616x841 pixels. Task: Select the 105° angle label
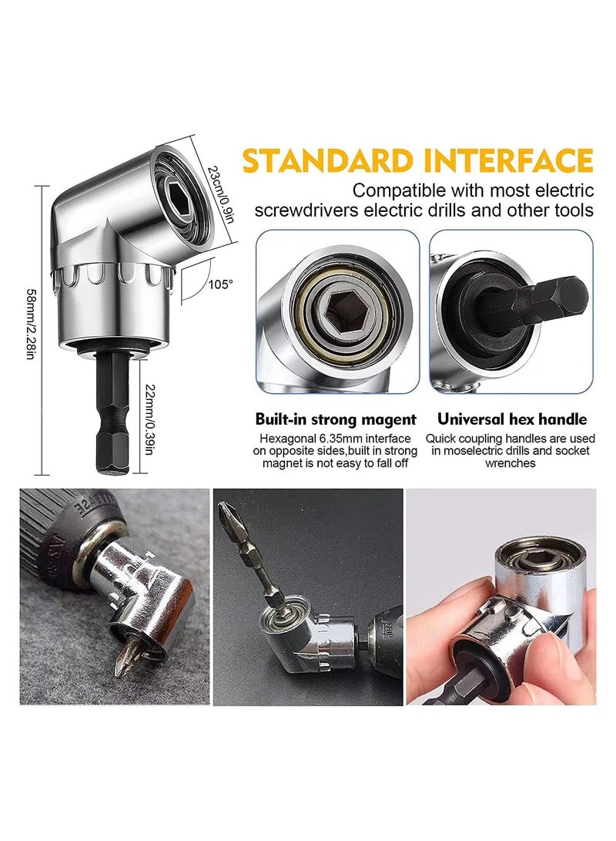pyautogui.click(x=219, y=284)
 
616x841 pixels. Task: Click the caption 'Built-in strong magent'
pyautogui.click(x=336, y=419)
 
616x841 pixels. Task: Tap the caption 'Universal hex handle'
pyautogui.click(x=511, y=419)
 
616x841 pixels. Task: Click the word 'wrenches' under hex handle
pyautogui.click(x=511, y=463)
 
